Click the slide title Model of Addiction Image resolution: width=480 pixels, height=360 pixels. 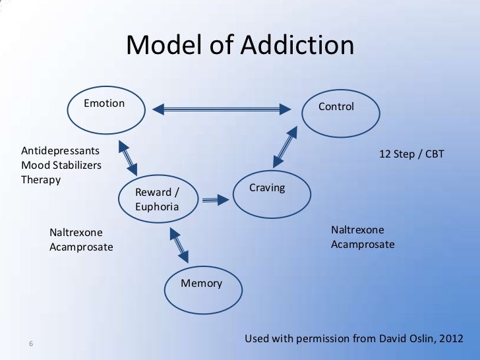coord(240,45)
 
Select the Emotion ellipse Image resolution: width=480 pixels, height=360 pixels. coord(105,112)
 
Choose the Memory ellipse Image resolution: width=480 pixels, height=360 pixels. coord(201,290)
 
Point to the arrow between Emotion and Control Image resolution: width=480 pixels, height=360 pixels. coord(223,108)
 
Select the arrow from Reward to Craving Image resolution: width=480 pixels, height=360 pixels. coord(215,198)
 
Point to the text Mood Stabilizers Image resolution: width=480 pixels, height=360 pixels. coord(61,165)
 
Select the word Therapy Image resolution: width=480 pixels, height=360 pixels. coord(41,179)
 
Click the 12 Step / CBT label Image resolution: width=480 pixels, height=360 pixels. coord(411,154)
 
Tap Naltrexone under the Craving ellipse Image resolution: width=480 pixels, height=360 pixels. coord(357,229)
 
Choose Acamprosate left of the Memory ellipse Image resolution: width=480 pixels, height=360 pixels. coord(81,247)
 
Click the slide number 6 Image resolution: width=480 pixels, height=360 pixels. coord(31,343)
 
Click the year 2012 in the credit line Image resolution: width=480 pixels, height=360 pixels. coord(450,339)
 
